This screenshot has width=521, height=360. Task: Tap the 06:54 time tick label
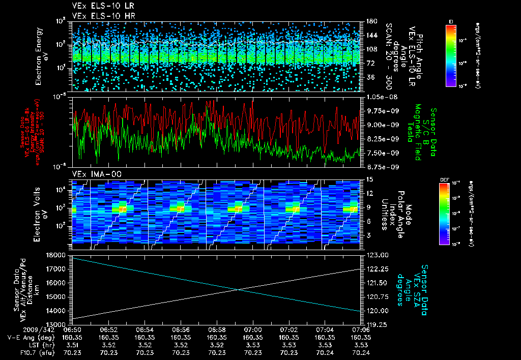coord(144,329)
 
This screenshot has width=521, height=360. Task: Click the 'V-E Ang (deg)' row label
coord(26,337)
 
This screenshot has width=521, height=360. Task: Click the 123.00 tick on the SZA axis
coord(377,255)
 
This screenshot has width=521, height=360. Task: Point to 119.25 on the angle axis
coord(377,324)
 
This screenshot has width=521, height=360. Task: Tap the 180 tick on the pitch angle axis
coord(370,21)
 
